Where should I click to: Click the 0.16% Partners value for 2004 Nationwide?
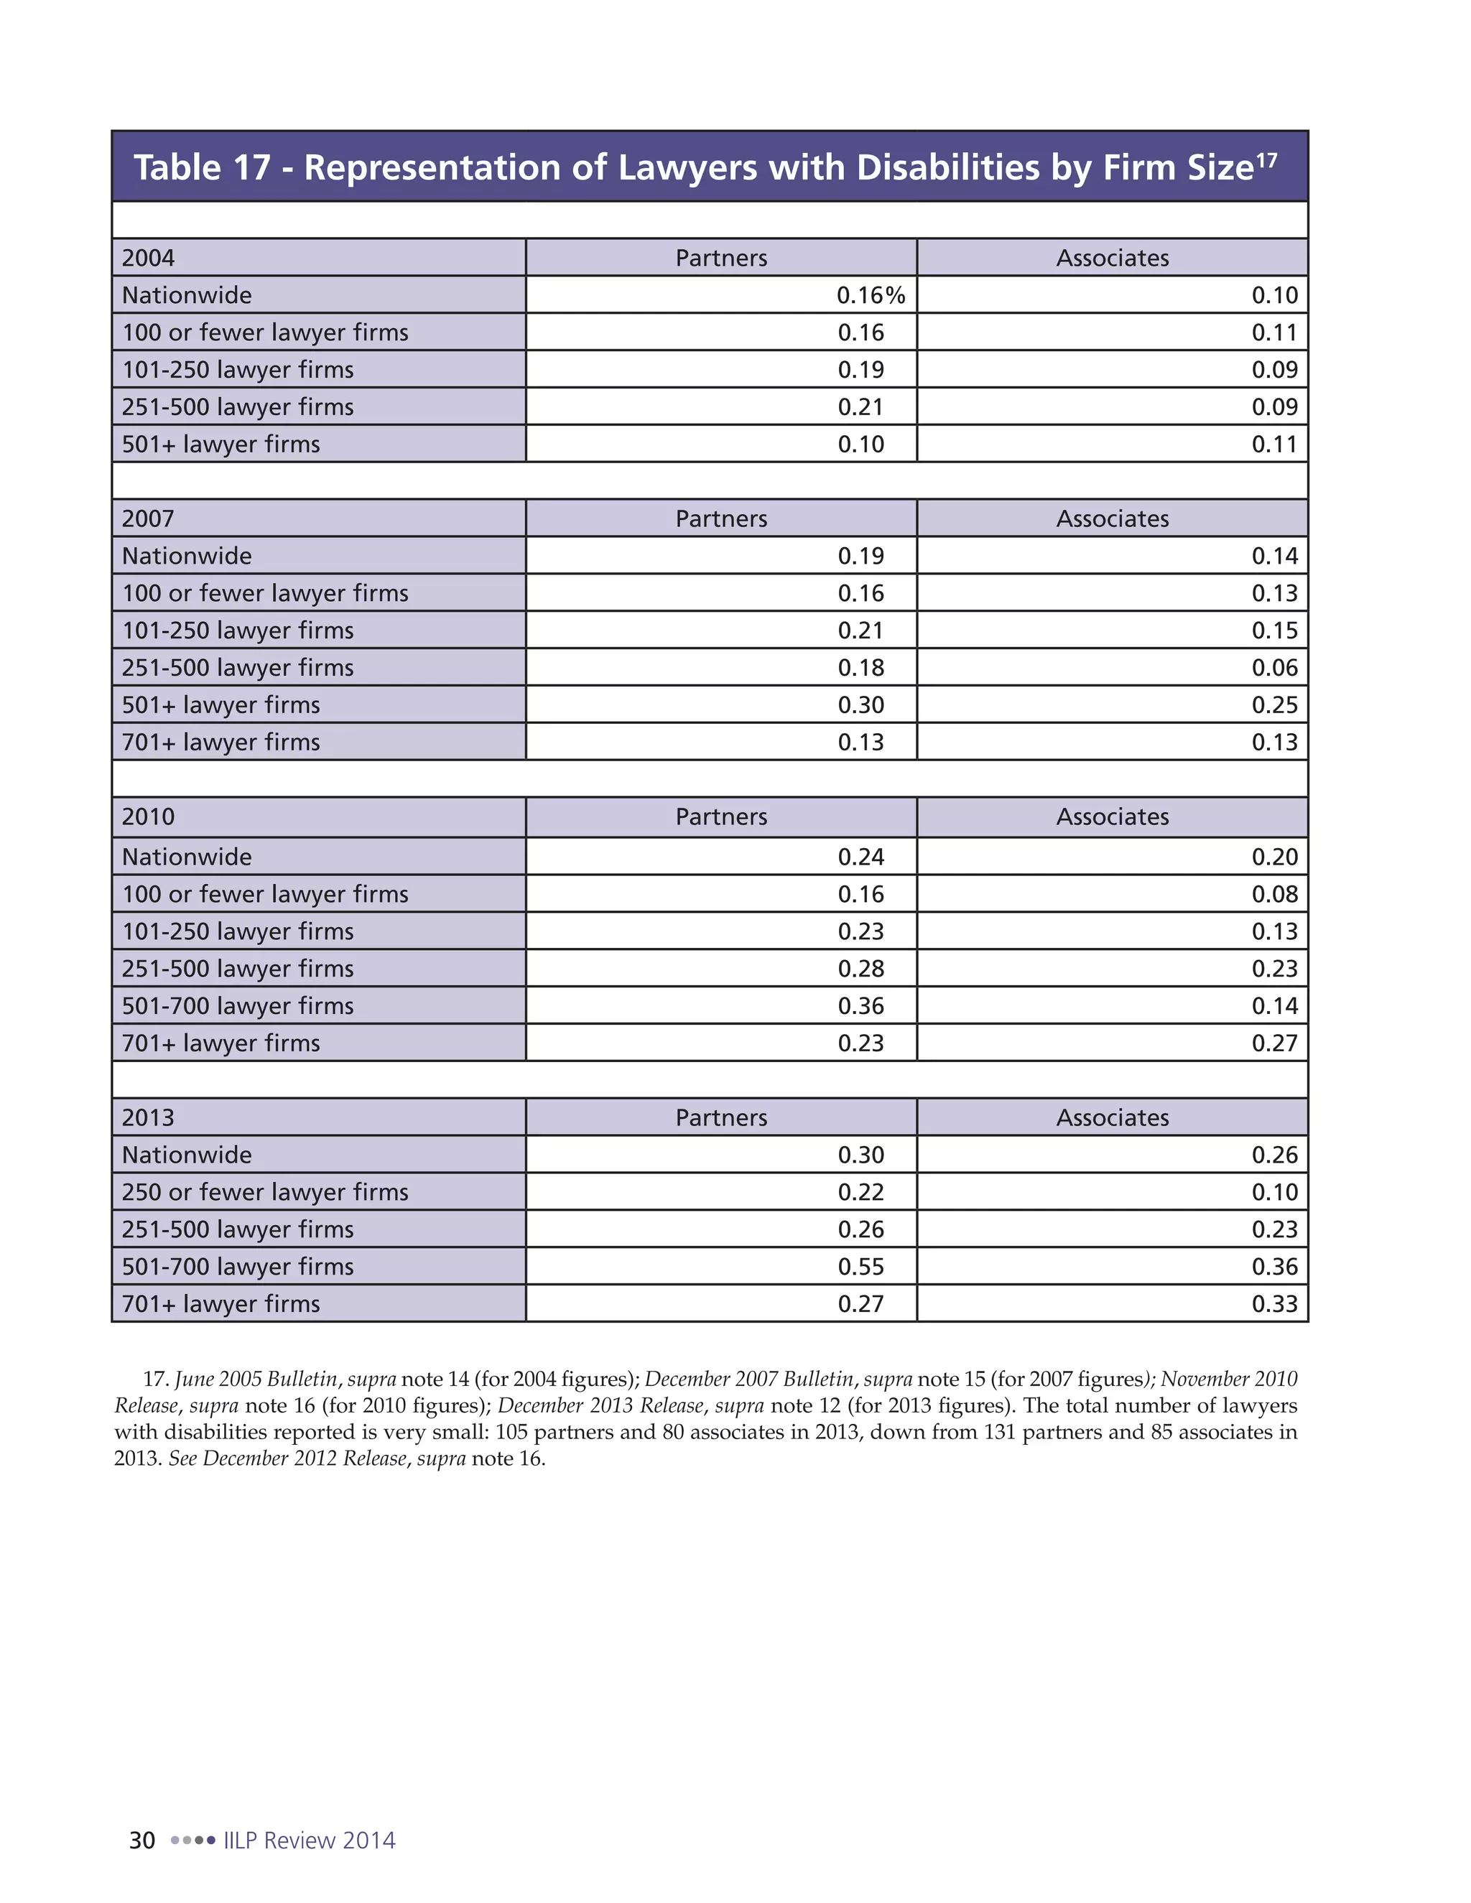[871, 295]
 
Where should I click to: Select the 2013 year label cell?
[148, 1117]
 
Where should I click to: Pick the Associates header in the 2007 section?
[1112, 518]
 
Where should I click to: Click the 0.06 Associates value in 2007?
[1274, 667]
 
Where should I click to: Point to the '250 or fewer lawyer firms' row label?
[265, 1192]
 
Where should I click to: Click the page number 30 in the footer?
[142, 1841]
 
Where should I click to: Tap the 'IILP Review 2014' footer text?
[310, 1841]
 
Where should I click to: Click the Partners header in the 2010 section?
[720, 816]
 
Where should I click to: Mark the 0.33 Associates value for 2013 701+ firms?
[1274, 1303]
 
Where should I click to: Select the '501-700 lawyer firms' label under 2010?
[238, 1005]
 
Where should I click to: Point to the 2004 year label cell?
[148, 258]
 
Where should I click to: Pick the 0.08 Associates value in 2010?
[1274, 894]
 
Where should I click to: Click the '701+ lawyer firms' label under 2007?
[221, 743]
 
